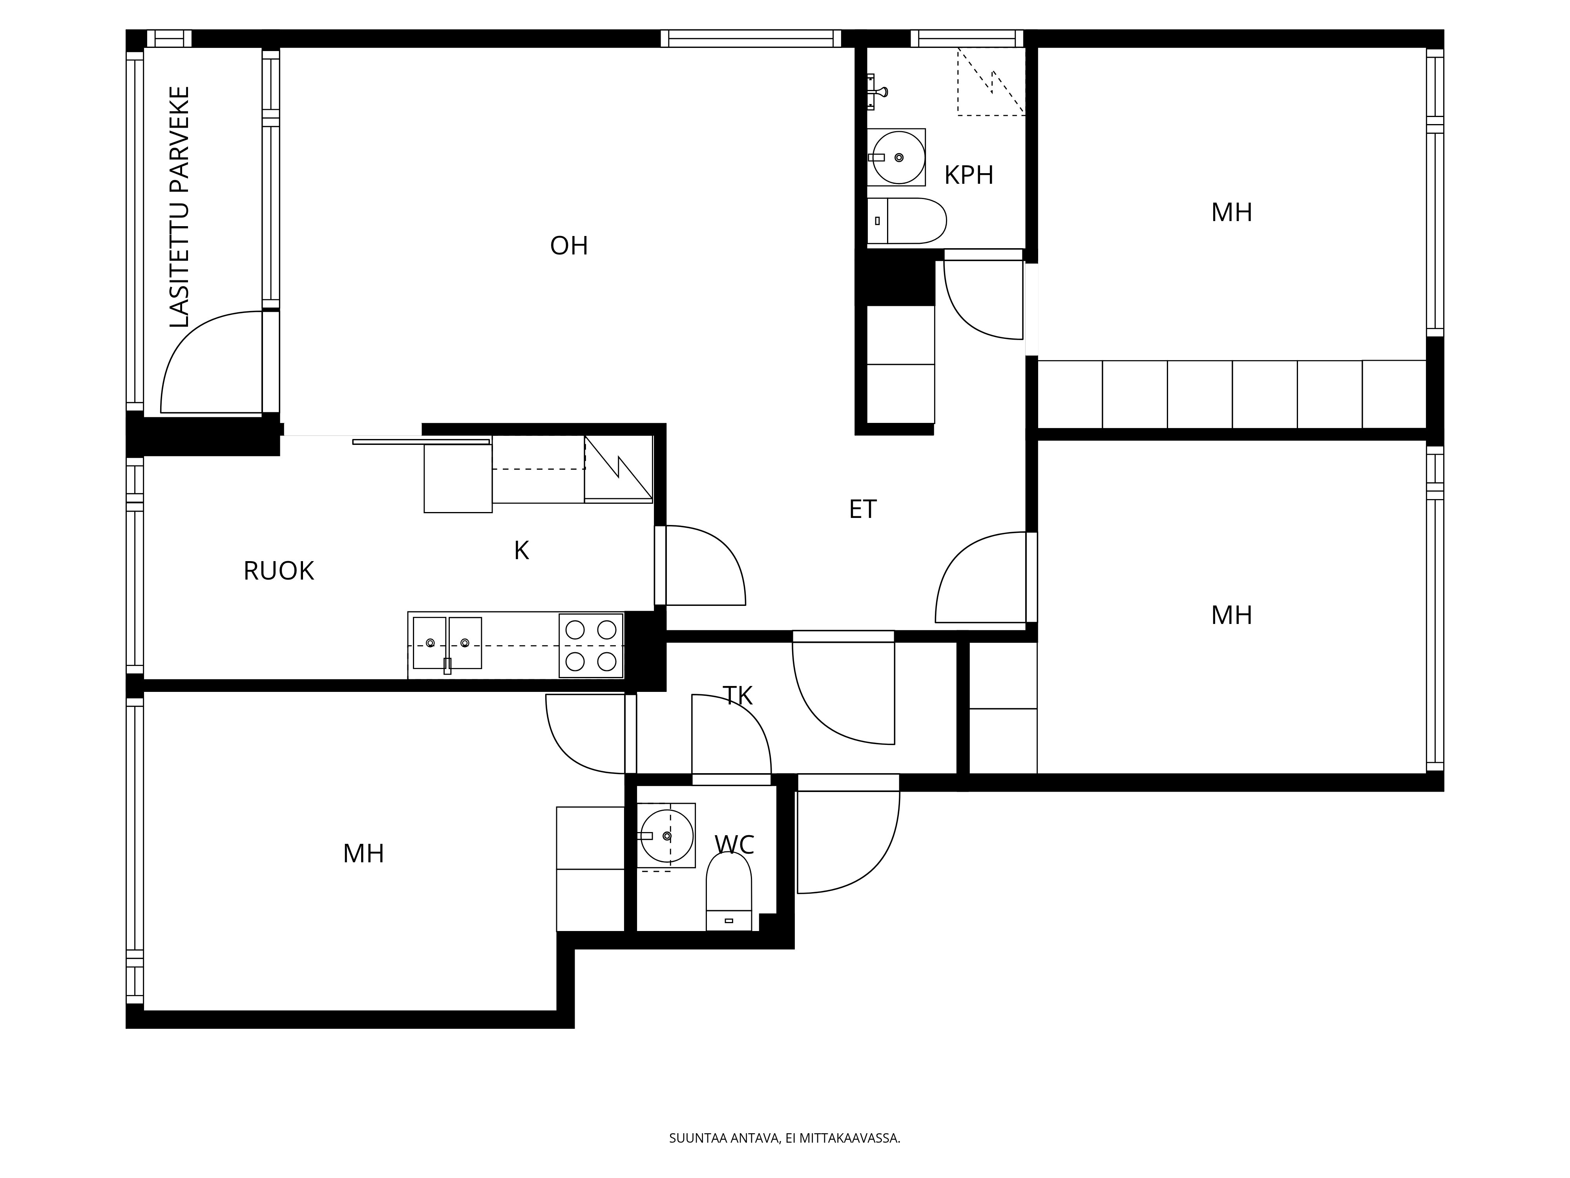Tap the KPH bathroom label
pos(968,175)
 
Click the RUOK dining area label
pos(278,571)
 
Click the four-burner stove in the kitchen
pos(591,646)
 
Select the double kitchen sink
pos(447,643)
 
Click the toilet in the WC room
pos(728,891)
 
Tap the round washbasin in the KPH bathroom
pos(898,157)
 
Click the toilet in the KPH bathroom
pos(907,221)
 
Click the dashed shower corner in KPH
pos(991,82)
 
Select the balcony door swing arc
pos(206,362)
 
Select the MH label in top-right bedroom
pos(1231,212)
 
